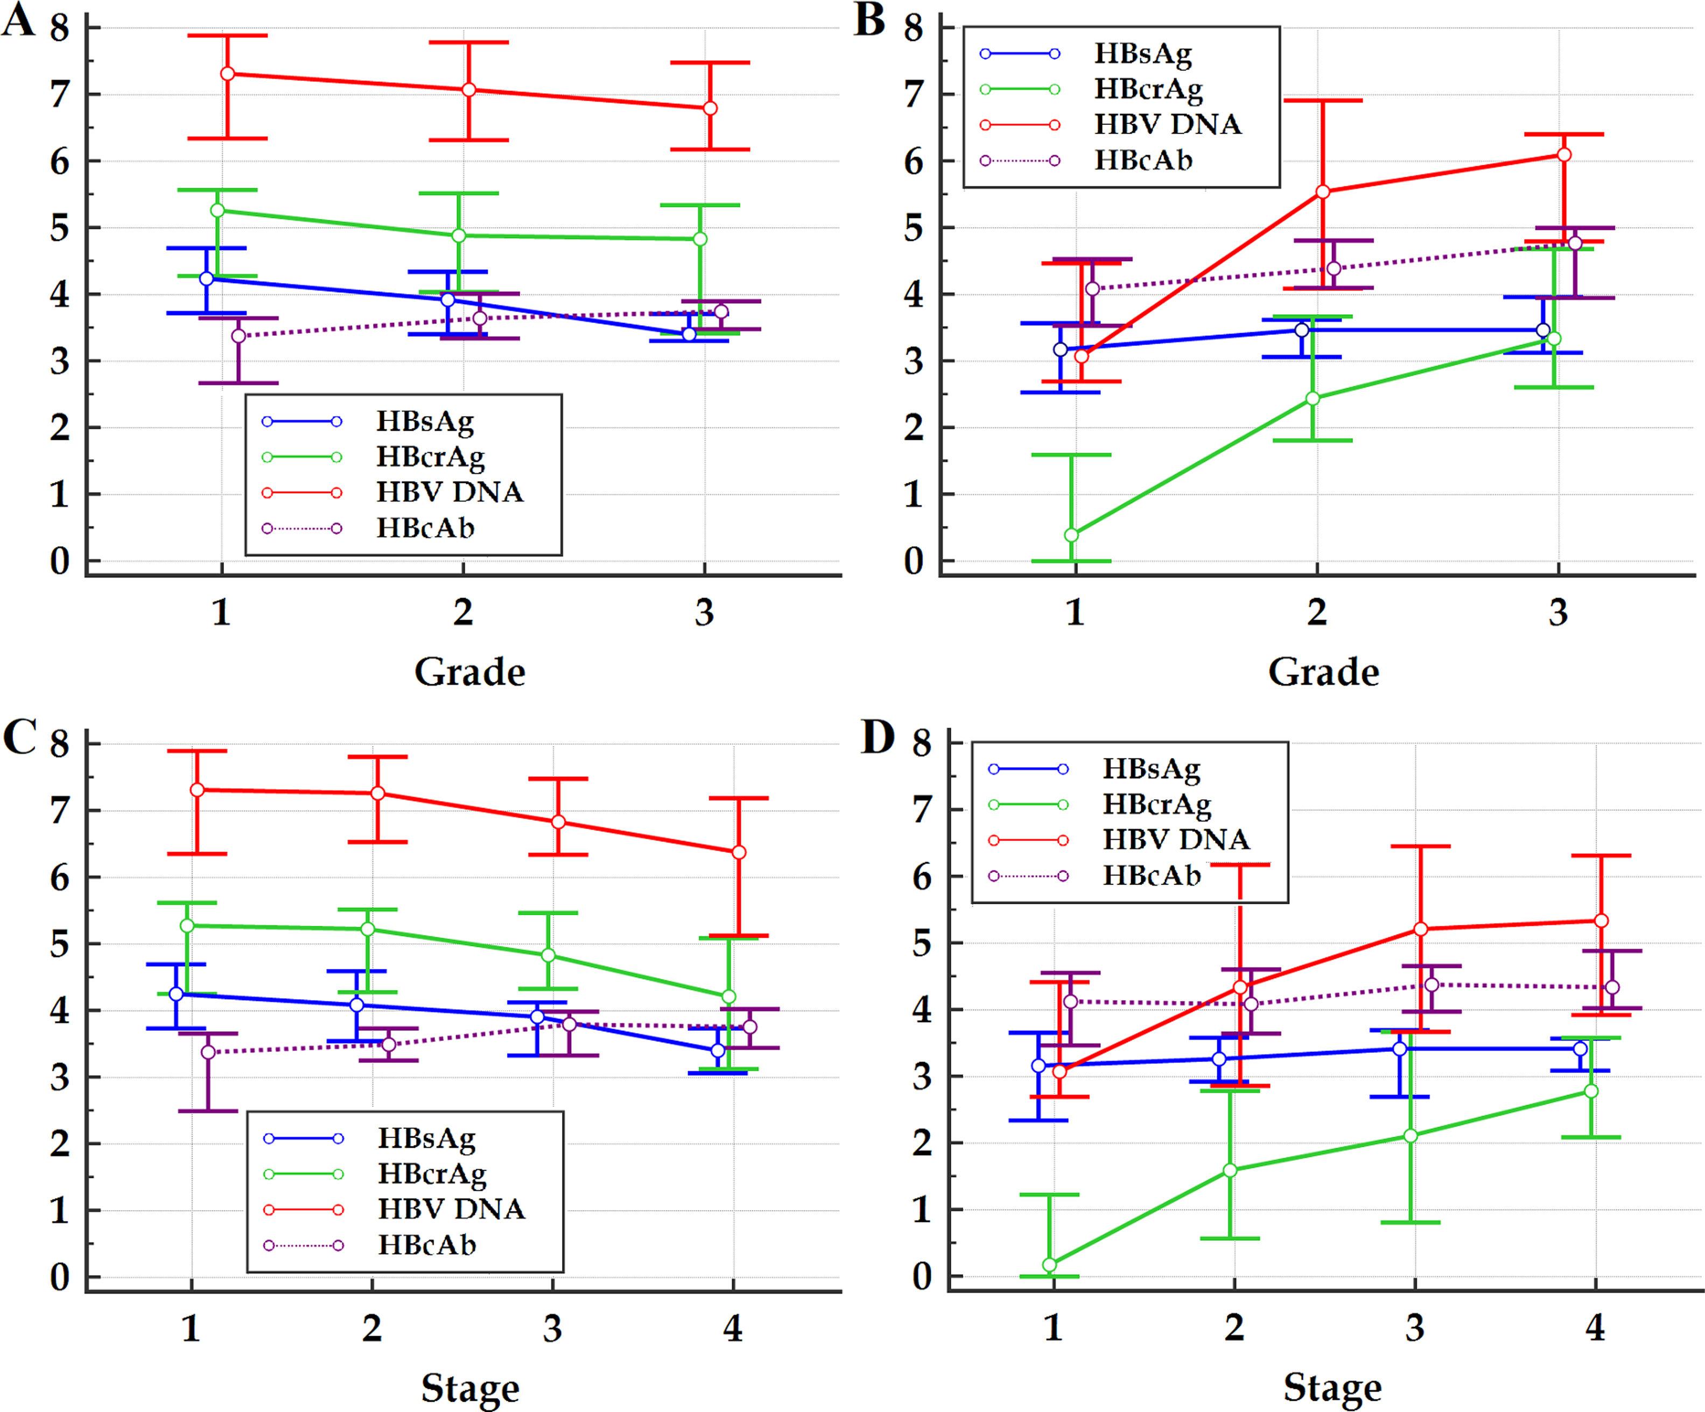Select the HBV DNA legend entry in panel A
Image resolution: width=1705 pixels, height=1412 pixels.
pyautogui.click(x=449, y=492)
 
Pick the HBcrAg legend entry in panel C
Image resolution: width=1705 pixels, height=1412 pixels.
pyautogui.click(x=431, y=1174)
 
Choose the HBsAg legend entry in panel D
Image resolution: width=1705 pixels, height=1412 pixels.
pyautogui.click(x=1150, y=768)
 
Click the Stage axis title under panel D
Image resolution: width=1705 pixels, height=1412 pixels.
pyautogui.click(x=1331, y=1388)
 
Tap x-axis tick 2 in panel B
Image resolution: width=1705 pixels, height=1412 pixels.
pyautogui.click(x=1316, y=612)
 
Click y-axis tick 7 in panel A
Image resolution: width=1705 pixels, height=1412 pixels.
pyautogui.click(x=59, y=95)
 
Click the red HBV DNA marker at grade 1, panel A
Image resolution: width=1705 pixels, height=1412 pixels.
pyautogui.click(x=228, y=74)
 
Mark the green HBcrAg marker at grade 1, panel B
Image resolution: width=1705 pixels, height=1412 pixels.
pyautogui.click(x=1072, y=534)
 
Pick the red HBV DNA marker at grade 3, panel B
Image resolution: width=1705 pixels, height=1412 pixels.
pyautogui.click(x=1564, y=155)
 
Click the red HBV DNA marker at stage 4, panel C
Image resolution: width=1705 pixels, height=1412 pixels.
pyautogui.click(x=739, y=852)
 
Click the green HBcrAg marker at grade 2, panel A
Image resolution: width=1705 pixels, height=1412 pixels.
pyautogui.click(x=459, y=235)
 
